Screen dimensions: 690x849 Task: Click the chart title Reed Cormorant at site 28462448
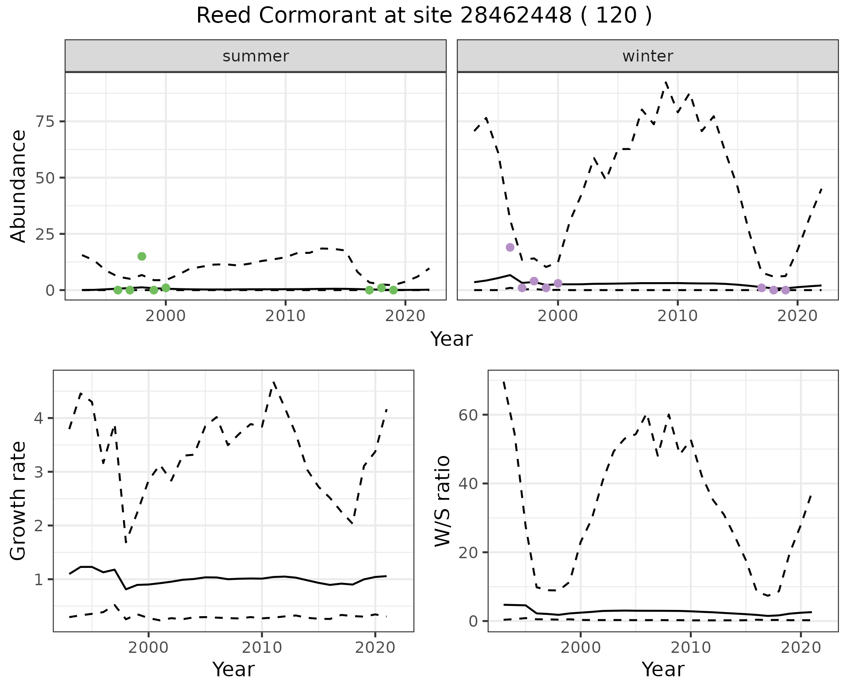pyautogui.click(x=424, y=16)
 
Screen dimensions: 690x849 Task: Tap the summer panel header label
pyautogui.click(x=256, y=56)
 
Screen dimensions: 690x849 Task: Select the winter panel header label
pyautogui.click(x=647, y=56)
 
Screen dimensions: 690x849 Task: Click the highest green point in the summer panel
pyautogui.click(x=142, y=256)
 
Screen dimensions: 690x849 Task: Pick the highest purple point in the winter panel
pyautogui.click(x=510, y=247)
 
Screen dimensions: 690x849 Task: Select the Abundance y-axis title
pyautogui.click(x=19, y=186)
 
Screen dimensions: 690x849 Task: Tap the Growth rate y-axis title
pyautogui.click(x=19, y=501)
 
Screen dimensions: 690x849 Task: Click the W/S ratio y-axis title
pyautogui.click(x=442, y=501)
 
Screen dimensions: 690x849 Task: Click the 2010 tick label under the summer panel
pyautogui.click(x=286, y=316)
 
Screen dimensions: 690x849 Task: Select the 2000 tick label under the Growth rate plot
pyautogui.click(x=149, y=648)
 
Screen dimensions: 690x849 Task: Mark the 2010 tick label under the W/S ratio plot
pyautogui.click(x=690, y=648)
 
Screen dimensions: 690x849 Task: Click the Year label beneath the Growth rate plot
pyautogui.click(x=233, y=669)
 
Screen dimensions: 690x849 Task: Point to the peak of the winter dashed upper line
pyautogui.click(x=666, y=82)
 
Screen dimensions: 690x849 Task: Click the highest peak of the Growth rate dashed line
pyautogui.click(x=274, y=382)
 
